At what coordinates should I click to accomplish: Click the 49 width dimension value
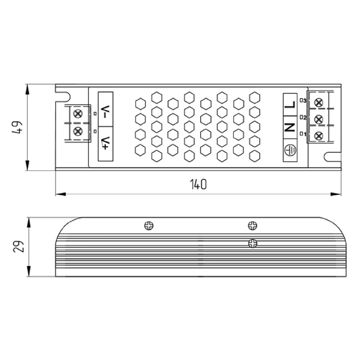tap(17, 127)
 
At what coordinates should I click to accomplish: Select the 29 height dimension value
tap(18, 246)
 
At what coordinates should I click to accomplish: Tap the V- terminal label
tap(105, 112)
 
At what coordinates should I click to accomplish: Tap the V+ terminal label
tap(105, 143)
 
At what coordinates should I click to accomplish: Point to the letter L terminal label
tap(290, 104)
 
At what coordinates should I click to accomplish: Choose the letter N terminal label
tap(290, 127)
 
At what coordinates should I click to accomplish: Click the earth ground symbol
tap(290, 150)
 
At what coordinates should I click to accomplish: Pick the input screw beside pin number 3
tap(319, 103)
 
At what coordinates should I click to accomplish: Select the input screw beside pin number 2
tap(319, 120)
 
